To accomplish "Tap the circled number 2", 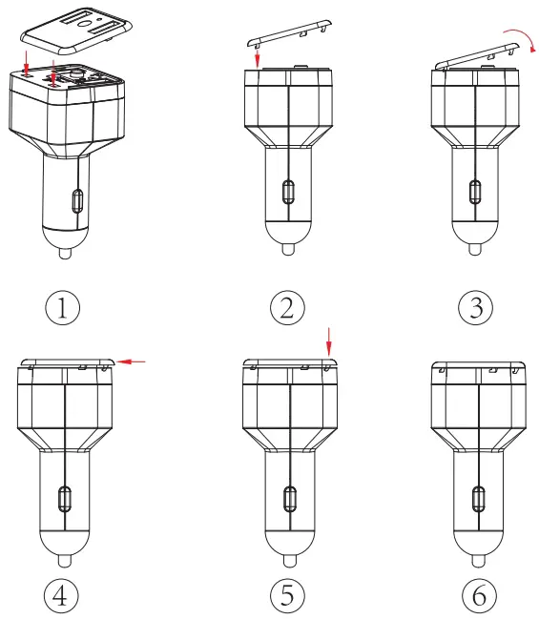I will (286, 307).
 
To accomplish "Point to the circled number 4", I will (61, 595).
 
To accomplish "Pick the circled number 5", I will (286, 595).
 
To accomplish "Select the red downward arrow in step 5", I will (328, 340).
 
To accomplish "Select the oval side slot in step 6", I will (477, 497).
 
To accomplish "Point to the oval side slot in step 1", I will (77, 202).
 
